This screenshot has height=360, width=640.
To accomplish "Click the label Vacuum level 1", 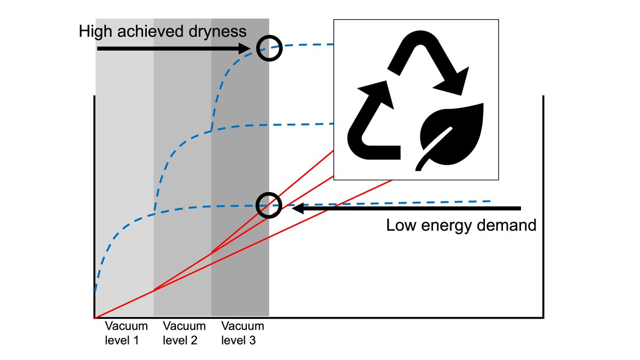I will coord(122,333).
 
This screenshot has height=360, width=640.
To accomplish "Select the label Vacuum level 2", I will coord(184,333).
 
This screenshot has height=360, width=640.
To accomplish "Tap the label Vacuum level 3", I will coord(243,333).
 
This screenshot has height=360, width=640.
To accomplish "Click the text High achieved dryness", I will coord(163,31).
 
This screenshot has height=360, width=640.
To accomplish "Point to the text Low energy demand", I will coord(461,226).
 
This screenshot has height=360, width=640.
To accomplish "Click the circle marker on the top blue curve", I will coord(269,49).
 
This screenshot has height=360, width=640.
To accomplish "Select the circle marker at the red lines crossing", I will coord(268,205).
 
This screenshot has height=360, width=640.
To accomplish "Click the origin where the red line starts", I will coord(95,318).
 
